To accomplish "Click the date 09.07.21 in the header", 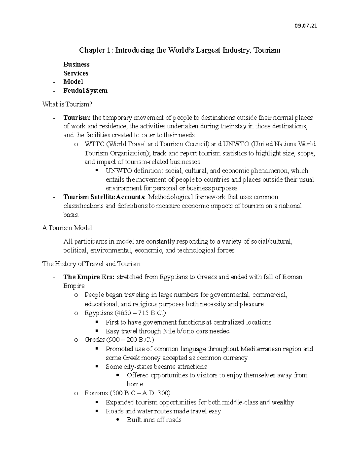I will pyautogui.click(x=306, y=26).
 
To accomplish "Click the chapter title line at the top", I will pyautogui.click(x=180, y=50).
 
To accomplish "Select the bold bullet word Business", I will pyautogui.click(x=76, y=65).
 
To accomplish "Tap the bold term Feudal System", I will pyautogui.click(x=85, y=91).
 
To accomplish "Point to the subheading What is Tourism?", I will pyautogui.click(x=67, y=104).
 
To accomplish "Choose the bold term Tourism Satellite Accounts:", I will pyautogui.click(x=105, y=197).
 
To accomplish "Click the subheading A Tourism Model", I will pyautogui.click(x=67, y=228).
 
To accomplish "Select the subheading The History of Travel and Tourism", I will pyautogui.click(x=91, y=264).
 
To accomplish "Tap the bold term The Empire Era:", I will pyautogui.click(x=89, y=277).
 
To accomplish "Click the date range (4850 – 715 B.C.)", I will pyautogui.click(x=140, y=313).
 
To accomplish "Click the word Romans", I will pyautogui.click(x=96, y=393).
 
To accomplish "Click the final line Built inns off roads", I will pyautogui.click(x=154, y=420).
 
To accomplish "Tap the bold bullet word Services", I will pyautogui.click(x=76, y=73).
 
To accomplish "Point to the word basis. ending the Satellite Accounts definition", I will pyautogui.click(x=71, y=215).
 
